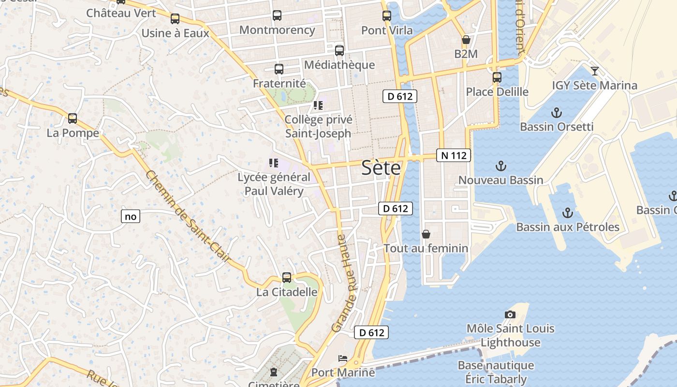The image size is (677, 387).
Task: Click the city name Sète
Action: pyautogui.click(x=382, y=168)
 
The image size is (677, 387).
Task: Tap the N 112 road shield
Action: pyautogui.click(x=454, y=155)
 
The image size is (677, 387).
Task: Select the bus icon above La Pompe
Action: pyautogui.click(x=73, y=118)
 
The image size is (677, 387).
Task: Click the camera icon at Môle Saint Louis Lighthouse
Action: pyautogui.click(x=510, y=314)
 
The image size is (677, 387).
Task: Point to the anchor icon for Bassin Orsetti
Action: pyautogui.click(x=557, y=113)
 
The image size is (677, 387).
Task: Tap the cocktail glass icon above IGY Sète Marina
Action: pyautogui.click(x=595, y=71)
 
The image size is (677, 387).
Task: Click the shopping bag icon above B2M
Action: pyautogui.click(x=466, y=40)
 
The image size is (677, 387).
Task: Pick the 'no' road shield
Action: pyautogui.click(x=131, y=216)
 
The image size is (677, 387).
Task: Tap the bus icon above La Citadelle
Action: pyautogui.click(x=287, y=278)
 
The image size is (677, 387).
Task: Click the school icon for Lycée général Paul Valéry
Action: pyautogui.click(x=274, y=164)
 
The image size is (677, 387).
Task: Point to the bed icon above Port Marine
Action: pyautogui.click(x=343, y=358)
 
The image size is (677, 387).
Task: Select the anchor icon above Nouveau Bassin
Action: pyautogui.click(x=501, y=166)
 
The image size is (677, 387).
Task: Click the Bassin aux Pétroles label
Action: pyautogui.click(x=568, y=227)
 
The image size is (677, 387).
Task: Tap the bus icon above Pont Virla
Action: pyautogui.click(x=387, y=16)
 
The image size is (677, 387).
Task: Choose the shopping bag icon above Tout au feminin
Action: pyautogui.click(x=426, y=234)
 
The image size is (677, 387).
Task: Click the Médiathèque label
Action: pyautogui.click(x=339, y=65)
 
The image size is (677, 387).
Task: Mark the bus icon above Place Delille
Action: pyautogui.click(x=497, y=77)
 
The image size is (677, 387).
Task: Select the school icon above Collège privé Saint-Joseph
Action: pyautogui.click(x=318, y=105)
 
